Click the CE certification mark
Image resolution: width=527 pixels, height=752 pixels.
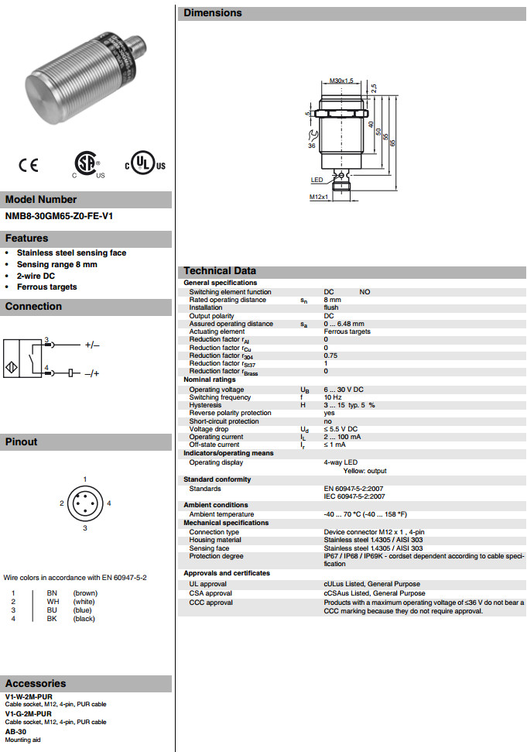28,165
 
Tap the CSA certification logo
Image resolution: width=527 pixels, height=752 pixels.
84,163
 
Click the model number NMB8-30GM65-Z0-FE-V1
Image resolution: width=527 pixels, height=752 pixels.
59,216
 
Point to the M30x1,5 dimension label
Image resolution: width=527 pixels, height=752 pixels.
340,81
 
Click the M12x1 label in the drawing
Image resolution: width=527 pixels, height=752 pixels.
320,197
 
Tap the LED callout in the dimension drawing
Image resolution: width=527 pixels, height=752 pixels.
317,180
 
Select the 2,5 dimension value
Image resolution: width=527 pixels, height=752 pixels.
373,88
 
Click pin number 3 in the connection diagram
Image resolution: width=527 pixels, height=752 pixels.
46,340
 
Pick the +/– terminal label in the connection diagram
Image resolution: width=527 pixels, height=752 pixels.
92,344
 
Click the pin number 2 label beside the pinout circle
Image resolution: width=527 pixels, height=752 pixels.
61,503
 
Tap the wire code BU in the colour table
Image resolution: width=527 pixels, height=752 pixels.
52,610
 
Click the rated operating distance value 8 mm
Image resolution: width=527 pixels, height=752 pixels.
332,300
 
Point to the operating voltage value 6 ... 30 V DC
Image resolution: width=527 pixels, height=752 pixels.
343,390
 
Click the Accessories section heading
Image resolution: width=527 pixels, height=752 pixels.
36,683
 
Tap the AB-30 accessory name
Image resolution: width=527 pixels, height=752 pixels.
15,731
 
